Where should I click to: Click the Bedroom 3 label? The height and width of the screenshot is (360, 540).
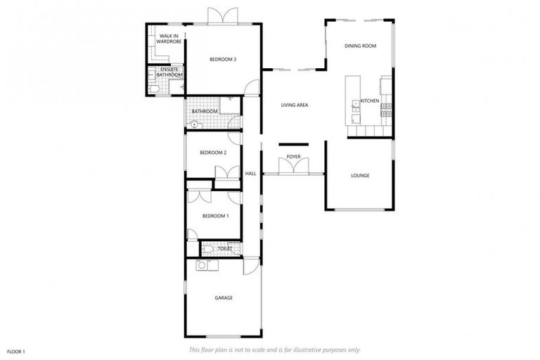pos(222,60)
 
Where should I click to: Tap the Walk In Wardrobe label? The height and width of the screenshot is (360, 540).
pos(169,39)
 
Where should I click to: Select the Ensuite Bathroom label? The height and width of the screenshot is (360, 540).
pos(171,72)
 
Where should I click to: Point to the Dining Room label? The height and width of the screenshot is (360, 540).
pos(361,46)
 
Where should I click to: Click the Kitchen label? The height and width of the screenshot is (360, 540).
pos(370,102)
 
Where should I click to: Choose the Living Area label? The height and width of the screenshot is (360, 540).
pos(295,105)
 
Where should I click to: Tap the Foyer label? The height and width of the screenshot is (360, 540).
pos(293,157)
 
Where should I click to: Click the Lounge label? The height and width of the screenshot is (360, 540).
pos(360,176)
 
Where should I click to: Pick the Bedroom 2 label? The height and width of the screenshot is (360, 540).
pos(212,153)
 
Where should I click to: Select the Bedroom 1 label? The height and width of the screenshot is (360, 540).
pos(215,216)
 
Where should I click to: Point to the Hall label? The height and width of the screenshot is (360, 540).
pos(250,174)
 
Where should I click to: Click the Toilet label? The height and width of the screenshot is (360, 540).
pos(224,249)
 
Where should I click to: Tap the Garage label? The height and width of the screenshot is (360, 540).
pos(224,298)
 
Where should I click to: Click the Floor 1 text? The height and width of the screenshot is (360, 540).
pos(16,351)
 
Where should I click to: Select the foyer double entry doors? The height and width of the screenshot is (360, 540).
pos(293,167)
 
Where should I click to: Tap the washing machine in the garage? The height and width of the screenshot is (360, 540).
pos(202,266)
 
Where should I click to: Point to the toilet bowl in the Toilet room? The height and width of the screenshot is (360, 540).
pos(208,249)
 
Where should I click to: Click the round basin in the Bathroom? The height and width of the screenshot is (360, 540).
pos(195,124)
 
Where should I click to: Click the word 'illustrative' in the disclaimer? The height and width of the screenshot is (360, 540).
pos(321,350)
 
